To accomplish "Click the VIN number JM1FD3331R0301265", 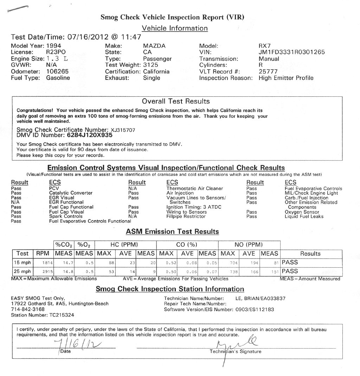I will tap(291, 52).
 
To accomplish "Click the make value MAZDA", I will tap(154, 46).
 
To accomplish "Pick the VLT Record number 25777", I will tap(268, 71).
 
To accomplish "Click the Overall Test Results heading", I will tap(176, 101).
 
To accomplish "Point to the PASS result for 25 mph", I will tap(290, 271).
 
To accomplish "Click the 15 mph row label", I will tap(22, 262).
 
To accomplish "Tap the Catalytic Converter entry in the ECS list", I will tap(71, 193).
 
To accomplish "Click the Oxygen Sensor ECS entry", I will tap(302, 212).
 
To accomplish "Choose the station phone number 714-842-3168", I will tap(28, 309).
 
